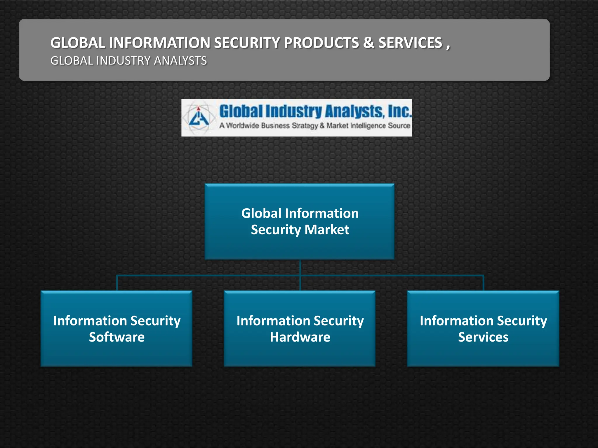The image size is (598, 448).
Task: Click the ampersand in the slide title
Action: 368,43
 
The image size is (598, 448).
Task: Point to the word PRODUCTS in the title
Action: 321,43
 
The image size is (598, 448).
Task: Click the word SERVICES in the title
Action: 410,43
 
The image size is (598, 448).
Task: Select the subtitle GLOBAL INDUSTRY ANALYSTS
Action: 128,61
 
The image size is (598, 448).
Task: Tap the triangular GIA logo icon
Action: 199,118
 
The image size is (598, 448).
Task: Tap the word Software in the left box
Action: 117,337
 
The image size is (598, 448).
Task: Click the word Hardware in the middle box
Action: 300,337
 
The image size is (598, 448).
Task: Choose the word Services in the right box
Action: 483,337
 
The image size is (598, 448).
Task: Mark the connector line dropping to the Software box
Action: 117,283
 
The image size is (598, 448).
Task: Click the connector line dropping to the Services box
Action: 484,283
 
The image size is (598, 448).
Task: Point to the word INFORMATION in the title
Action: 159,43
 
